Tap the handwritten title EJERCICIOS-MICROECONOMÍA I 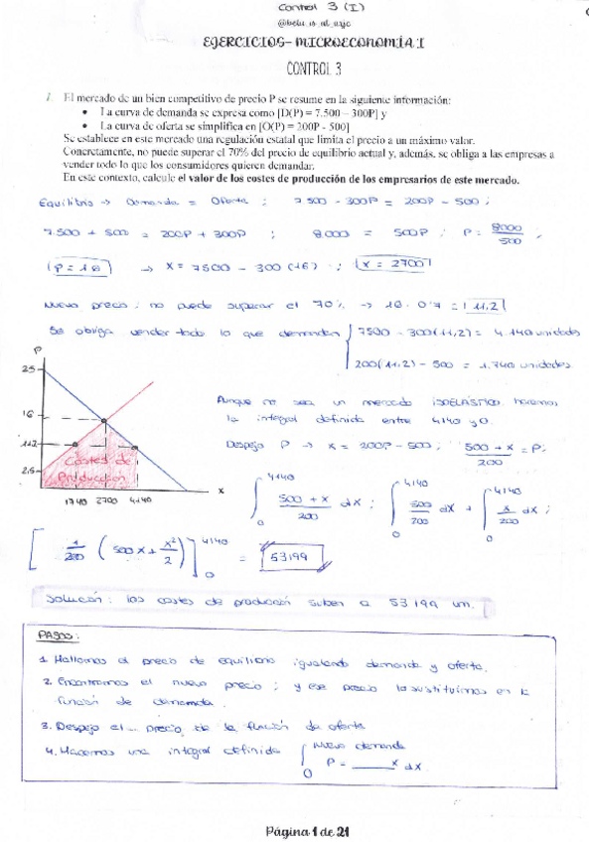click(x=306, y=44)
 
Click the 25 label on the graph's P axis click(x=28, y=368)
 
